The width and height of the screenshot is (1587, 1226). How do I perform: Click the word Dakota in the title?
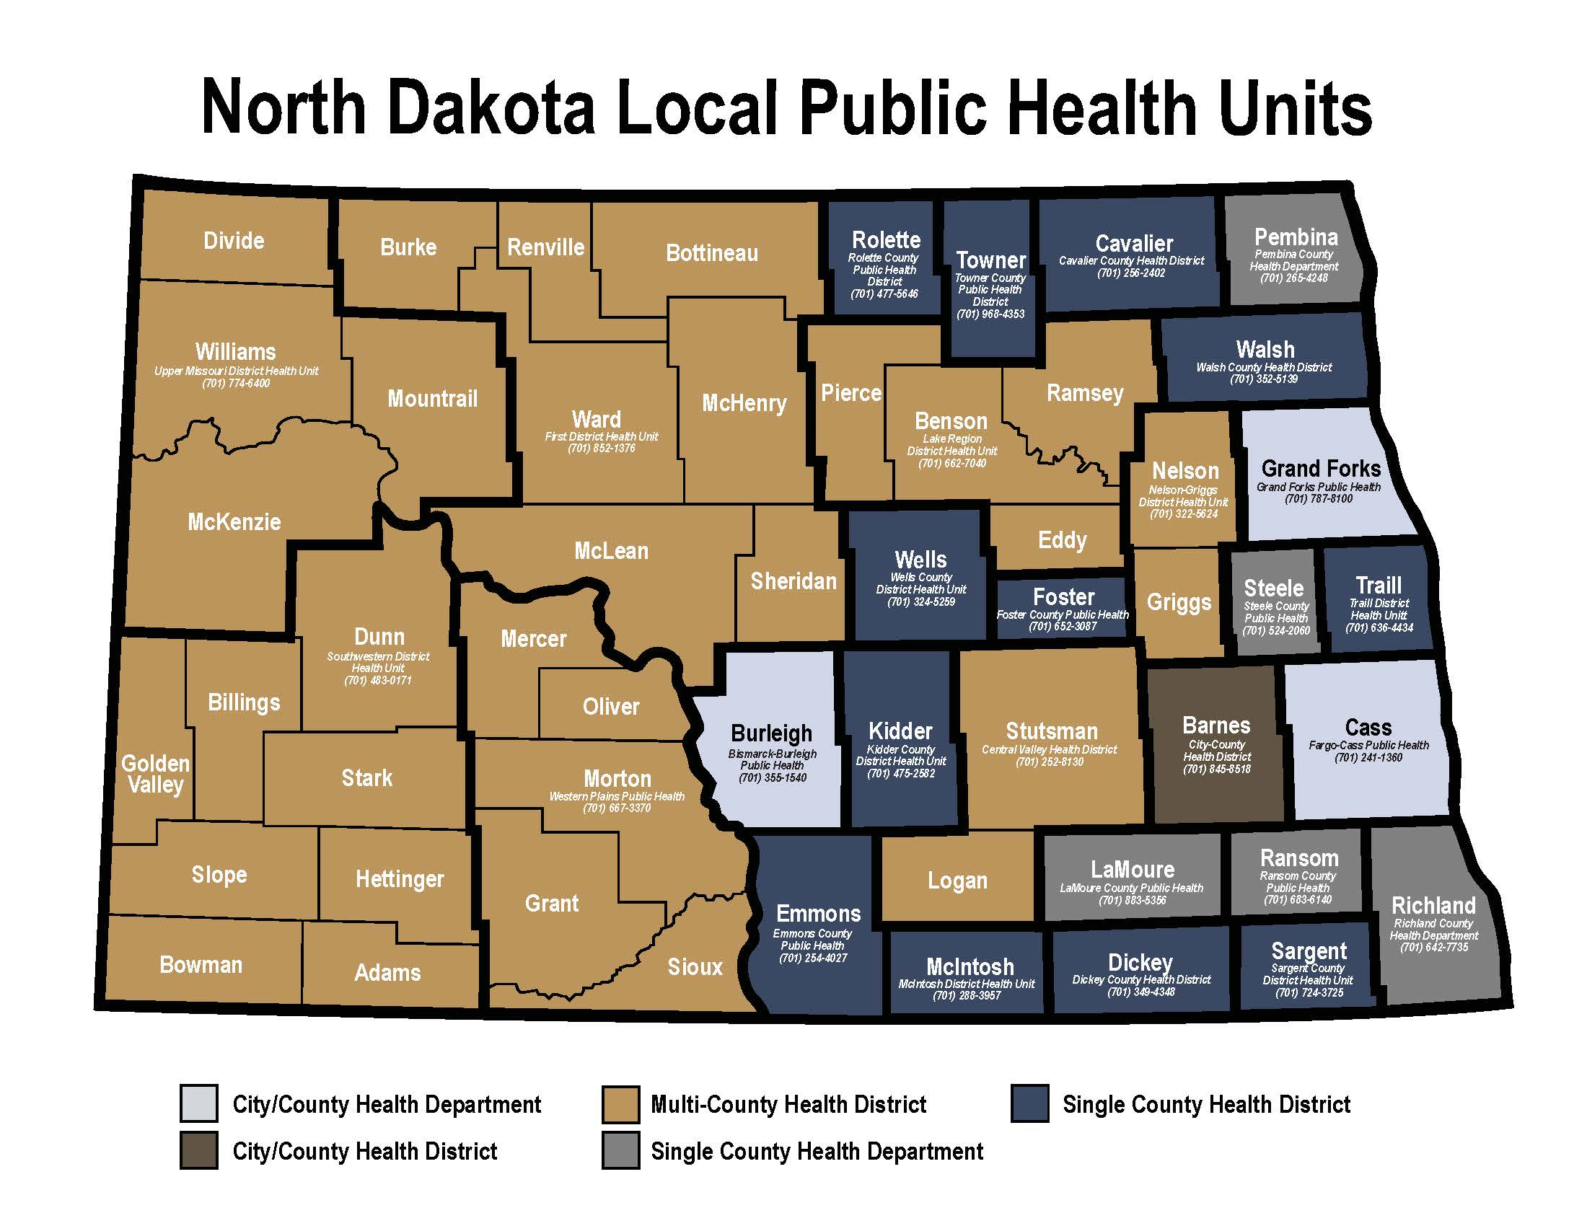coord(491,108)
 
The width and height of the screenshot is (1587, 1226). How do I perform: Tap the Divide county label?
coord(233,241)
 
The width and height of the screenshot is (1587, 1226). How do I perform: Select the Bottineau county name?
coord(711,253)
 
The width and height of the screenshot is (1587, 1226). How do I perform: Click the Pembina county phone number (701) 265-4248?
coord(1293,278)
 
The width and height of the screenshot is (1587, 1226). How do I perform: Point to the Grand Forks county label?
coord(1320,469)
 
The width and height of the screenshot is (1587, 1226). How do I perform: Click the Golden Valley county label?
coord(155,774)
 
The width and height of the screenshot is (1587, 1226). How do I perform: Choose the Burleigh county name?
coord(771,733)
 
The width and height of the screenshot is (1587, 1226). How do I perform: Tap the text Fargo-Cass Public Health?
coord(1368,745)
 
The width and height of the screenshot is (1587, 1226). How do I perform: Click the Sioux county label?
coord(695,966)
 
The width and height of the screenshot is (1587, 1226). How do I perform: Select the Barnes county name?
coord(1215,726)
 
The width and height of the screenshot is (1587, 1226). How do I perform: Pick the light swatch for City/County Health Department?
coord(198,1104)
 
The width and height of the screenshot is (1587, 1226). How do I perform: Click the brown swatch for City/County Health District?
coord(198,1150)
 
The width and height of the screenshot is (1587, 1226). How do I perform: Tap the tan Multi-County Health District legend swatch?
coord(620,1104)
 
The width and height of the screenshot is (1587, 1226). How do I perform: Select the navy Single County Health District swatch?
coord(1029,1104)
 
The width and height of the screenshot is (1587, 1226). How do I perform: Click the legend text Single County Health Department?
coord(816,1151)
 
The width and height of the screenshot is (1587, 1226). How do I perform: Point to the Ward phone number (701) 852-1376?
coord(601,449)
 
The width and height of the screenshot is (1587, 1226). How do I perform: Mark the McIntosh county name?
coord(970,966)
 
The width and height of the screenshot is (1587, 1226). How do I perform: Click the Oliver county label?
coord(610,707)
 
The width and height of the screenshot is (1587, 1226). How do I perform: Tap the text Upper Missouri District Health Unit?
coord(235,371)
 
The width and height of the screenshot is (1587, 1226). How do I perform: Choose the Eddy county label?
coord(1062,540)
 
